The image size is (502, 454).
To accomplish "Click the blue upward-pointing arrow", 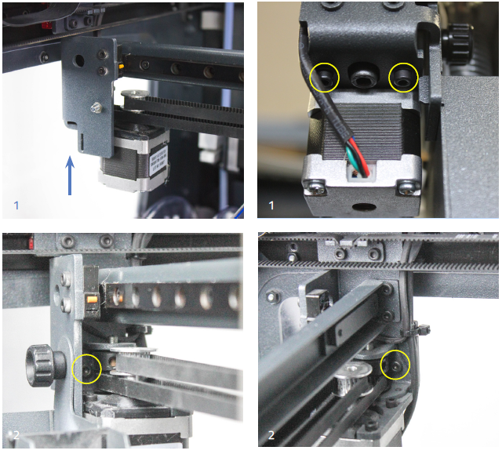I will [70, 175].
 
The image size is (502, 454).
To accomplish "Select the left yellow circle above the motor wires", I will [324, 77].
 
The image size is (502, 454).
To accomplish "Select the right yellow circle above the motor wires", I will [403, 77].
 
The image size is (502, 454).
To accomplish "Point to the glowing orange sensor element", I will [91, 298].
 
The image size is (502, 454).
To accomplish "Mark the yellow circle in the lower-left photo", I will [86, 368].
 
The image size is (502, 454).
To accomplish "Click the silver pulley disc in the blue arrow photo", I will [138, 94].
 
